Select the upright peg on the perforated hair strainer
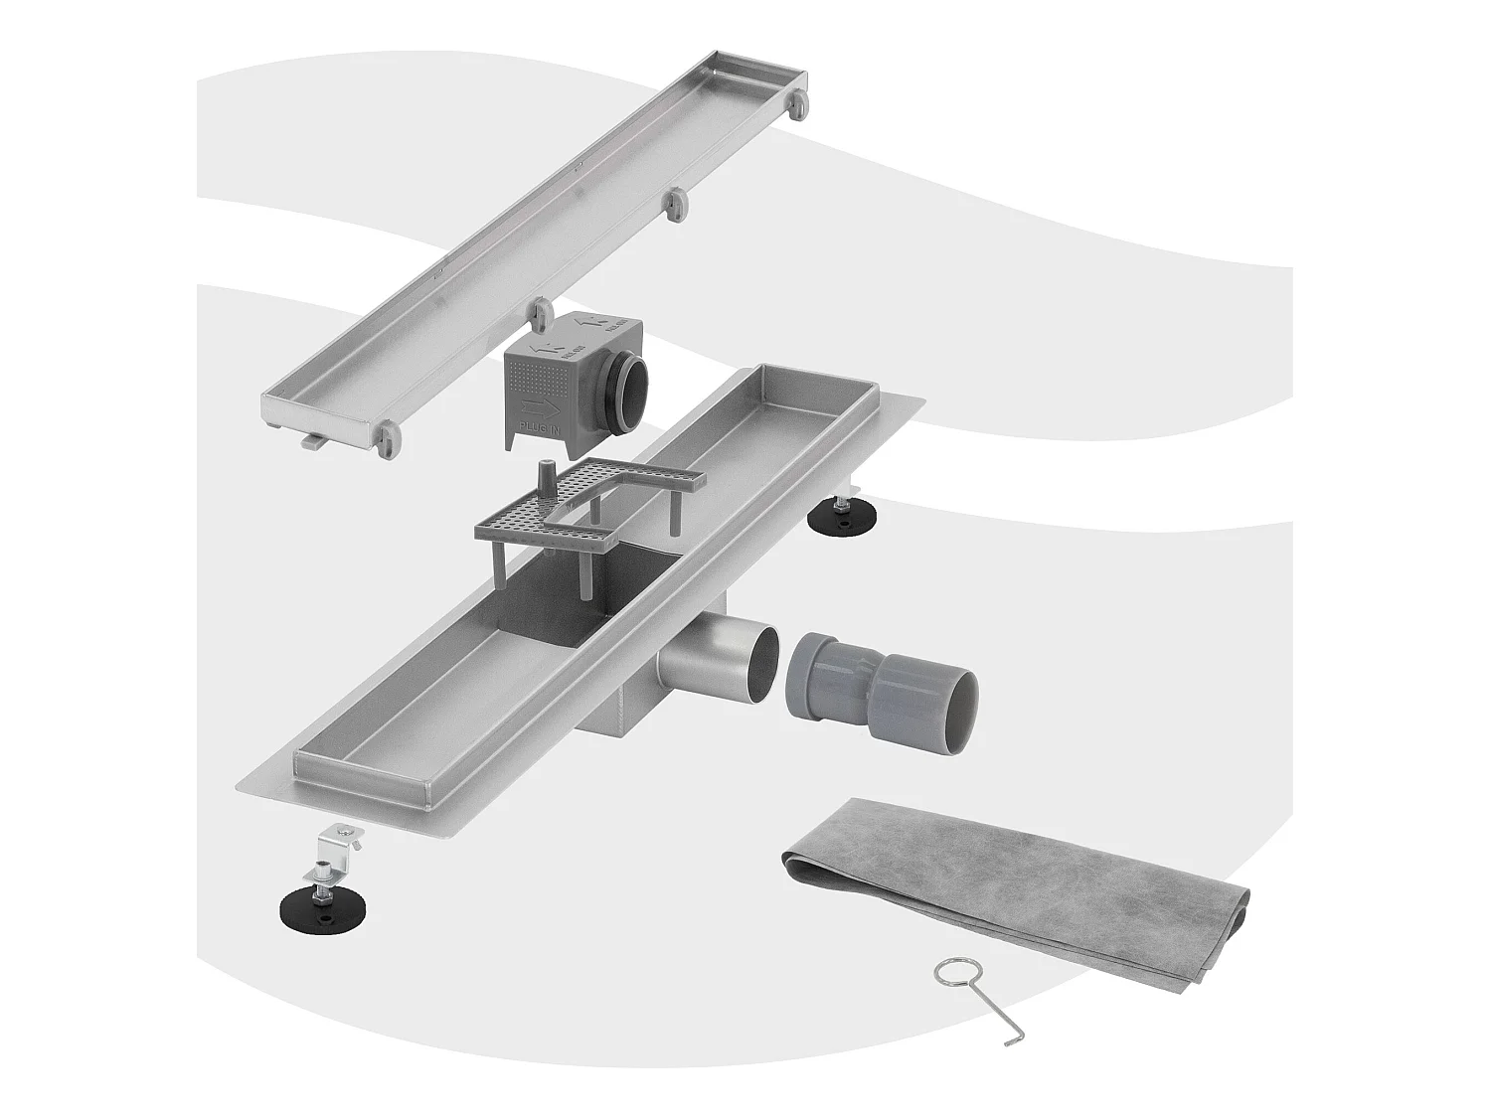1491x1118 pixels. pos(545,477)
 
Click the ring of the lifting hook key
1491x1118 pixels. pos(950,975)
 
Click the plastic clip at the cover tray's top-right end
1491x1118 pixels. pos(797,105)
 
